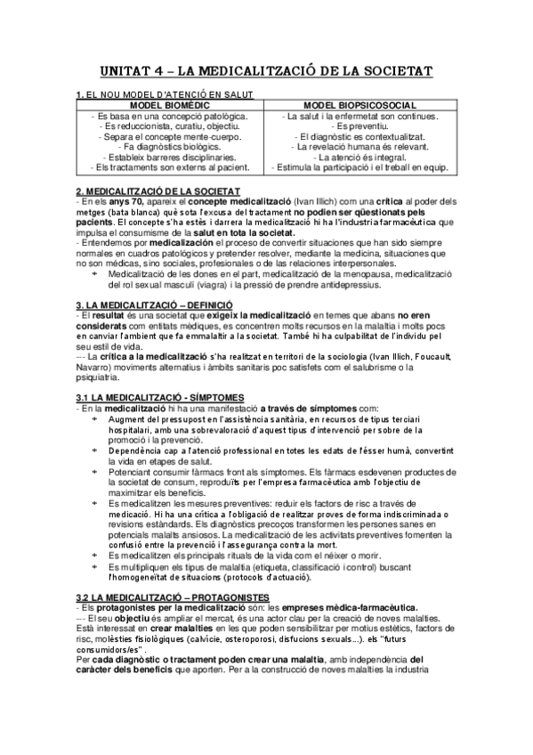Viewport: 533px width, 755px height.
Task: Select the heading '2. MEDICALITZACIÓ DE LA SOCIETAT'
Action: [157, 191]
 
